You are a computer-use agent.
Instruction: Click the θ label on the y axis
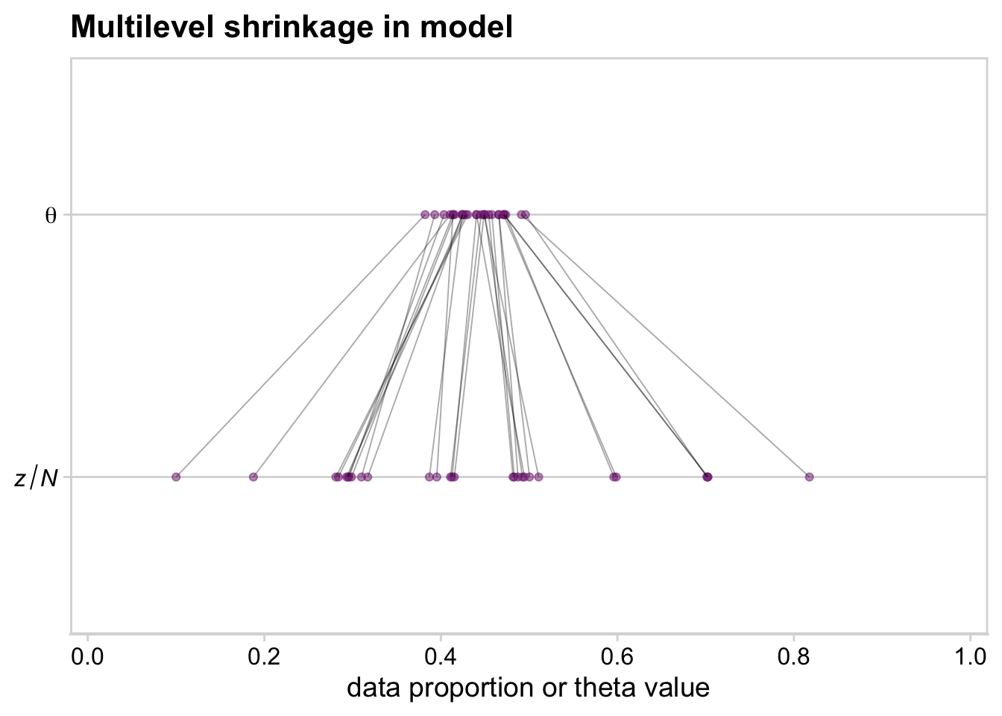pyautogui.click(x=51, y=216)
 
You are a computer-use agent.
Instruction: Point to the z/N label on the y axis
pyautogui.click(x=36, y=477)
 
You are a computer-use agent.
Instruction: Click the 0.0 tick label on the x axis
pyautogui.click(x=88, y=659)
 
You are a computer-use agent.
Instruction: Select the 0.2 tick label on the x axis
pyautogui.click(x=264, y=659)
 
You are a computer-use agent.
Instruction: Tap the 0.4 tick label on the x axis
pyautogui.click(x=441, y=659)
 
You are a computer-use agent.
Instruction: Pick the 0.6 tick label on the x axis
pyautogui.click(x=617, y=659)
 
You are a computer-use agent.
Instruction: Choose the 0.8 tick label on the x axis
pyautogui.click(x=793, y=659)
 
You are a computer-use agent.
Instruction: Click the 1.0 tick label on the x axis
pyautogui.click(x=970, y=659)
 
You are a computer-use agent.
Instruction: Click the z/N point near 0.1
pyautogui.click(x=176, y=477)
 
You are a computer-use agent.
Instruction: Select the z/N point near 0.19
pyautogui.click(x=253, y=477)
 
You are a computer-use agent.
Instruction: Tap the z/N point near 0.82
pyautogui.click(x=809, y=477)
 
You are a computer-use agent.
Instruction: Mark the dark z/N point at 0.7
pyautogui.click(x=708, y=477)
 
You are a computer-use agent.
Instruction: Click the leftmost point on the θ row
pyautogui.click(x=425, y=215)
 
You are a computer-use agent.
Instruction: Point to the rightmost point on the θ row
pyautogui.click(x=526, y=215)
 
